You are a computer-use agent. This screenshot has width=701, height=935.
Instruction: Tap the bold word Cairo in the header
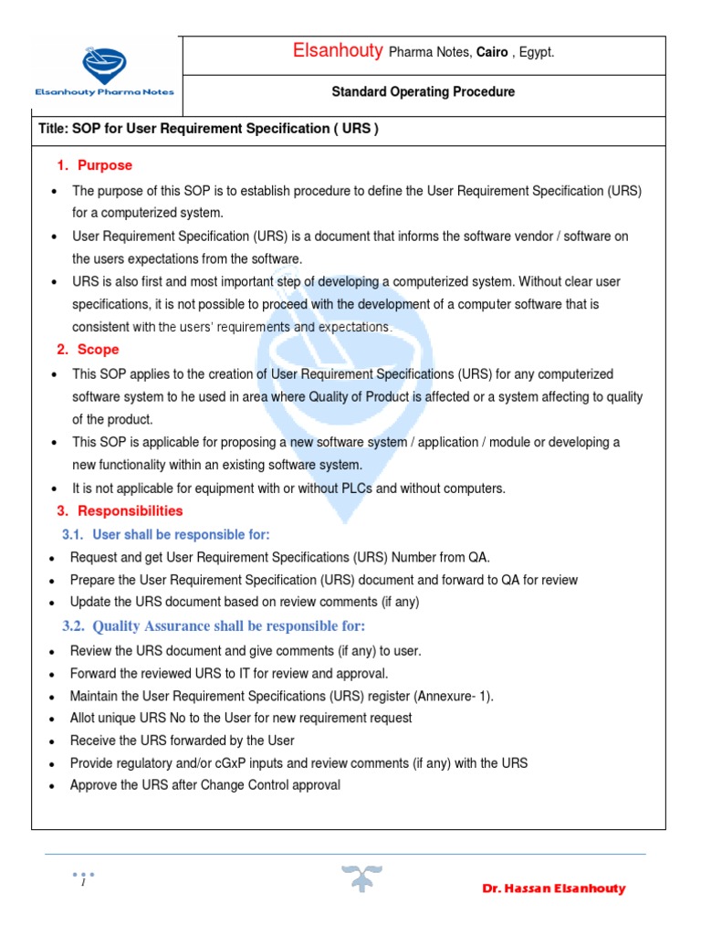click(492, 53)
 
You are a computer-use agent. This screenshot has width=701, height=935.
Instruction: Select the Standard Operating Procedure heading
click(423, 92)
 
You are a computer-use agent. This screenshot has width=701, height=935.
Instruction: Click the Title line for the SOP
click(208, 129)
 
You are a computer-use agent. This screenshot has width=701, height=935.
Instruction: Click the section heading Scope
click(98, 350)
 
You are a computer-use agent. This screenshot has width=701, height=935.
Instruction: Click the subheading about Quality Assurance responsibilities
click(228, 625)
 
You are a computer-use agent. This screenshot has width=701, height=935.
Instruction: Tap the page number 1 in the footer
click(82, 882)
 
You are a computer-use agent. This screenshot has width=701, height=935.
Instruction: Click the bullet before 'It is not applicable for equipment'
click(57, 489)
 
